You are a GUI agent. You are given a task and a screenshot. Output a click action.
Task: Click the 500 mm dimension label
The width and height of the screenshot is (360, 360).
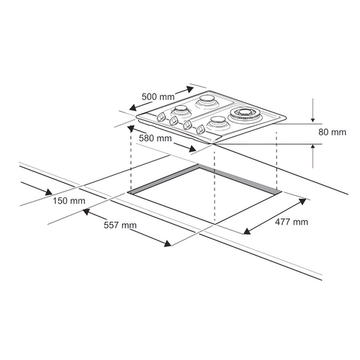pyautogui.click(x=157, y=96)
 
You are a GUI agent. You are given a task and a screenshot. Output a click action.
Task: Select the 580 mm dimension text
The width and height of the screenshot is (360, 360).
pyautogui.click(x=154, y=138)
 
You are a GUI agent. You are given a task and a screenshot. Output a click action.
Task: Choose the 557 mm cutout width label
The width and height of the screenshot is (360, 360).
pyautogui.click(x=119, y=225)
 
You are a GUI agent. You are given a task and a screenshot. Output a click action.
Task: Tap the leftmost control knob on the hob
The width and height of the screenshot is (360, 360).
pyautogui.click(x=159, y=117)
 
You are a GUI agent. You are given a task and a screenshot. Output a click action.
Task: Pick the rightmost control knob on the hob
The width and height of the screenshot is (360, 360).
pyautogui.click(x=198, y=132)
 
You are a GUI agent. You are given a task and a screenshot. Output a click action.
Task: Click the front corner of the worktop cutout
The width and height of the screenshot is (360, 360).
pyautogui.click(x=215, y=220)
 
